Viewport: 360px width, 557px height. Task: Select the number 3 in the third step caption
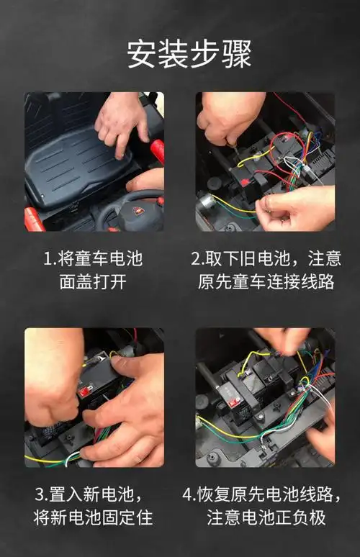(x=41, y=494)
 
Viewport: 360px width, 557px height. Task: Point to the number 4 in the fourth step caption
(x=188, y=494)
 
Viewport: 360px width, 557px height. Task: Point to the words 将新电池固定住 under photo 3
(x=93, y=517)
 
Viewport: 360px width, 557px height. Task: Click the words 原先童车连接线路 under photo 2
(x=266, y=281)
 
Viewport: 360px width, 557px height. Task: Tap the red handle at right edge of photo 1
(x=157, y=150)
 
